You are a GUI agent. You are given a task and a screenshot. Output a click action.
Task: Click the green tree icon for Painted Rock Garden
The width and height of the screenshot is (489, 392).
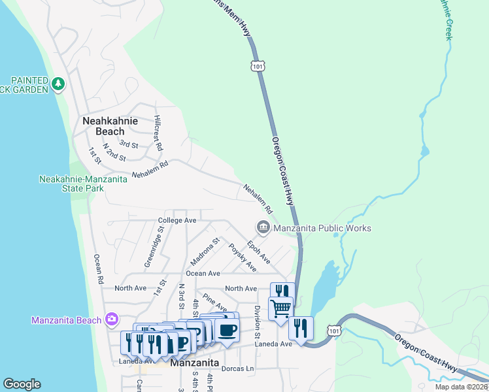(x=59, y=84)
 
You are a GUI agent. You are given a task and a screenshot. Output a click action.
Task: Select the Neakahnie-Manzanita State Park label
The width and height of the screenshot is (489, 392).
(x=72, y=184)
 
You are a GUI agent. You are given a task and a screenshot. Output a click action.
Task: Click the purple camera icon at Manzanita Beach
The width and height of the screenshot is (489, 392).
(x=112, y=319)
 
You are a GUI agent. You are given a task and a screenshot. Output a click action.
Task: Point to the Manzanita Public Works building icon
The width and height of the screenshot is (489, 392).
(x=263, y=227)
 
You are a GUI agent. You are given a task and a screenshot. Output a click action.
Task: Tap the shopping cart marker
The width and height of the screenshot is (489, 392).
(x=280, y=308)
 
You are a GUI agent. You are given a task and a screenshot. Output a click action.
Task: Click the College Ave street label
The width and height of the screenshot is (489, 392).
(x=177, y=221)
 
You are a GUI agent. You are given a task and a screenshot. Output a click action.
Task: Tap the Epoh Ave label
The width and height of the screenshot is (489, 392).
(x=260, y=251)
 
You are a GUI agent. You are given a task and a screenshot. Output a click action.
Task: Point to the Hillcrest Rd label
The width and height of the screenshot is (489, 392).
(x=158, y=133)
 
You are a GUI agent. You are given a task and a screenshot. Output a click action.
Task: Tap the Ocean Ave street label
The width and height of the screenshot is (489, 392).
(x=203, y=273)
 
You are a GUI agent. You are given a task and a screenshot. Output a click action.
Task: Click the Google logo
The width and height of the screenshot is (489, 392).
(x=22, y=384)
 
